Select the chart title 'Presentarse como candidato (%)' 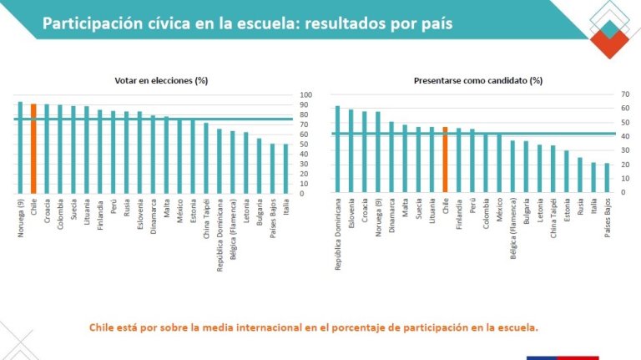click(x=477, y=81)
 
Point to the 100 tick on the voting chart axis click(x=305, y=94)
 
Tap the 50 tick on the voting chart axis click(x=305, y=144)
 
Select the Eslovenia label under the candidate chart click(x=351, y=215)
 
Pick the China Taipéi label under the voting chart click(x=205, y=218)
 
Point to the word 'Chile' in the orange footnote click(x=104, y=327)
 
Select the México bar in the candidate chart click(x=499, y=163)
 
